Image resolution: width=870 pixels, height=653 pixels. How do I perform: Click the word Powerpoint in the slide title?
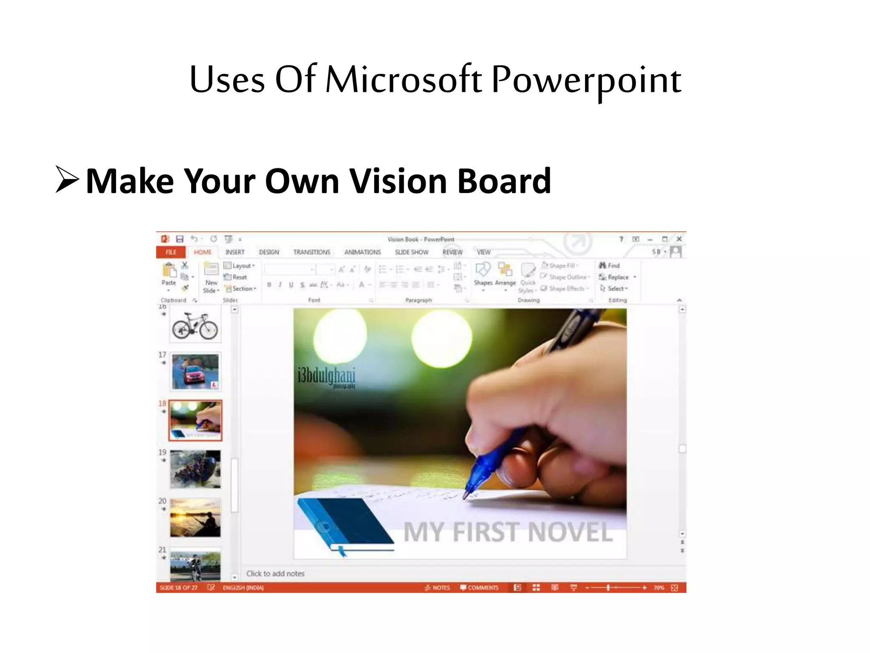coord(586,80)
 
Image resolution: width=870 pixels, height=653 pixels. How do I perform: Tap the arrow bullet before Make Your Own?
coord(67,180)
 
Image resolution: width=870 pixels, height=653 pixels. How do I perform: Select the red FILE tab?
coord(171,252)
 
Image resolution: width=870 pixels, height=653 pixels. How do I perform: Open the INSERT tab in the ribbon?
coord(235,252)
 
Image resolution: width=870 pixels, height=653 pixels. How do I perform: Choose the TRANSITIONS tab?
coord(311,252)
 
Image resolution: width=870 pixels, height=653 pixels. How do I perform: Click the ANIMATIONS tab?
coord(362,252)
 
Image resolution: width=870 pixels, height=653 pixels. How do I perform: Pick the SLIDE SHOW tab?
coord(412,252)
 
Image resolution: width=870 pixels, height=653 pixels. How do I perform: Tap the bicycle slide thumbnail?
coord(195,325)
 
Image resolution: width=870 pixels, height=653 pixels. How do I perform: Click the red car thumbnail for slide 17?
coord(195,372)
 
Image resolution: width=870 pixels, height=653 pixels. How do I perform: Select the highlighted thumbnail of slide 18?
coord(195,420)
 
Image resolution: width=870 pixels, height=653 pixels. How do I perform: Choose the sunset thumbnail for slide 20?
coord(195,518)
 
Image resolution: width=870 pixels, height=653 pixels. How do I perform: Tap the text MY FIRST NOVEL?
coord(508,532)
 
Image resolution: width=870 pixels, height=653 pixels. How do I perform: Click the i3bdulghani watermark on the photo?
coord(326,376)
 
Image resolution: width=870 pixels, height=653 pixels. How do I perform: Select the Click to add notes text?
coord(275,574)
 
